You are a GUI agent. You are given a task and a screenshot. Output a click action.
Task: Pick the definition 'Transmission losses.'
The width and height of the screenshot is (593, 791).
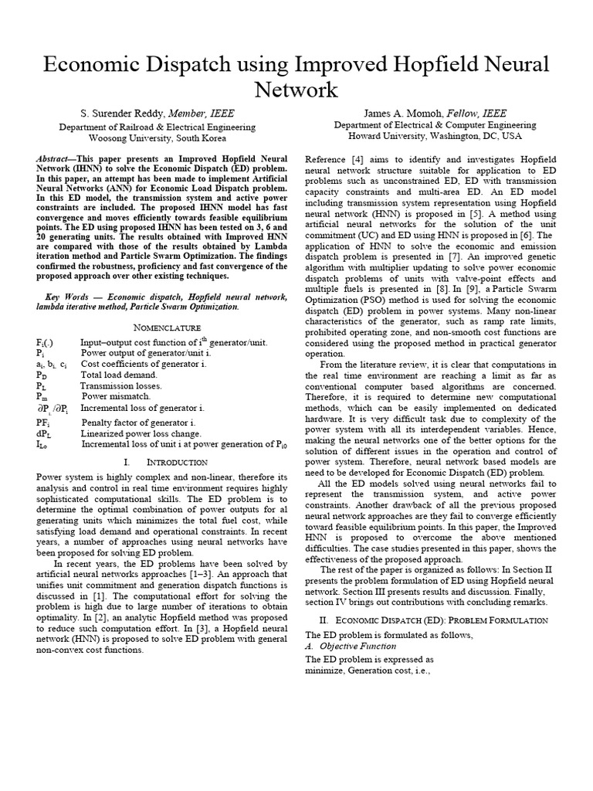[121, 385]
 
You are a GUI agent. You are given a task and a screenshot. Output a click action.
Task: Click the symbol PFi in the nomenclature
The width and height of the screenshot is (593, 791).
[42, 423]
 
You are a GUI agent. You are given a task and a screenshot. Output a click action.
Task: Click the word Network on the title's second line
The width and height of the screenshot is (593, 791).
[296, 90]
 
